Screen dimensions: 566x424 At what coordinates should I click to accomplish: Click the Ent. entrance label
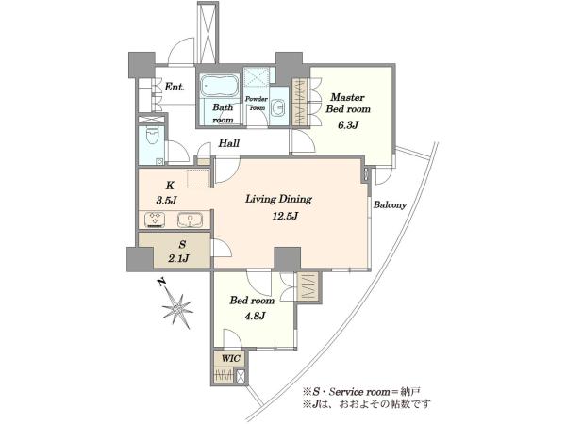click(175, 87)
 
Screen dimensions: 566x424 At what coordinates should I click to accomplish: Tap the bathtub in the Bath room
click(219, 86)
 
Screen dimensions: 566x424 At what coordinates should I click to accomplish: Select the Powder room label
click(257, 103)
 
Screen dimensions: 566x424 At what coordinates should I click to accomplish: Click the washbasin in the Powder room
click(278, 107)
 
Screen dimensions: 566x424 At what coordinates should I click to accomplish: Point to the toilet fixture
click(151, 137)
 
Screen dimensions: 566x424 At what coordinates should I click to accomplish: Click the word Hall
click(229, 143)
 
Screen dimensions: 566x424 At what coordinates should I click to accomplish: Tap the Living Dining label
click(278, 199)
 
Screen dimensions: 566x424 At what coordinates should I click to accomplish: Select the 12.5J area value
click(285, 216)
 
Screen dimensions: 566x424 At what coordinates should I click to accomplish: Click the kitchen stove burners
click(156, 220)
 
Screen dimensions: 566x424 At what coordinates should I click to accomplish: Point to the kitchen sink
click(190, 220)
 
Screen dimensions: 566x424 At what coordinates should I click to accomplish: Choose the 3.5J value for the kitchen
click(166, 201)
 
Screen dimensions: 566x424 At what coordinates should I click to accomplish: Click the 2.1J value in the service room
click(178, 258)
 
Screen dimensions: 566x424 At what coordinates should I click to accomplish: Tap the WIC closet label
click(231, 359)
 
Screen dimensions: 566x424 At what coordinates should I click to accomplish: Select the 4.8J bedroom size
click(256, 317)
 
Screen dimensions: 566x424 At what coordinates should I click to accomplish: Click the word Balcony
click(390, 204)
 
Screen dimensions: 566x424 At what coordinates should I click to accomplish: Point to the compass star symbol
click(177, 310)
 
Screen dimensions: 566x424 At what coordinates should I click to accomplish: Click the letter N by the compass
click(162, 282)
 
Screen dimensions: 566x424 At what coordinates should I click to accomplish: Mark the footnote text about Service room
click(362, 391)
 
